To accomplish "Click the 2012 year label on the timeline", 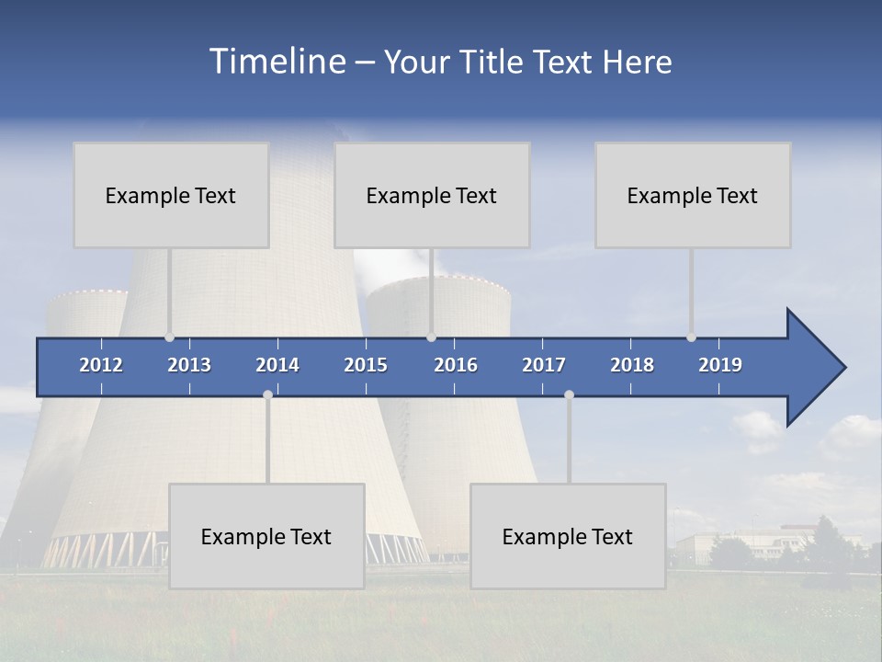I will coord(101,365).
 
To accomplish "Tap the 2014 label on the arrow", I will coord(277,365).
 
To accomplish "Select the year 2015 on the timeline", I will coord(366,365).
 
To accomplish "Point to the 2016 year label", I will coord(456,365).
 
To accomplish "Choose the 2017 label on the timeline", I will coord(544,365).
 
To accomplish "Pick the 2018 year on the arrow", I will coord(632,365).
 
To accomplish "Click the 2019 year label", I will coord(720,365).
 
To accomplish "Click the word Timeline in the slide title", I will coord(277,62).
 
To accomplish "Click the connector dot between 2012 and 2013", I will coord(169,337).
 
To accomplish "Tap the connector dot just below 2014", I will coord(267,394).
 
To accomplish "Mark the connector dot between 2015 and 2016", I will coord(431,337).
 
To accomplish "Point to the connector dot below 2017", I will coord(569,394).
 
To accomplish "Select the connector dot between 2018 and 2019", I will coord(691,337).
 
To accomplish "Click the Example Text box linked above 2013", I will coord(171,195).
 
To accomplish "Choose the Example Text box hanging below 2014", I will coord(266,536).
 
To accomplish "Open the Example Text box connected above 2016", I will coord(432,195).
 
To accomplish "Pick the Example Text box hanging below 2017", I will coord(568,536).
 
